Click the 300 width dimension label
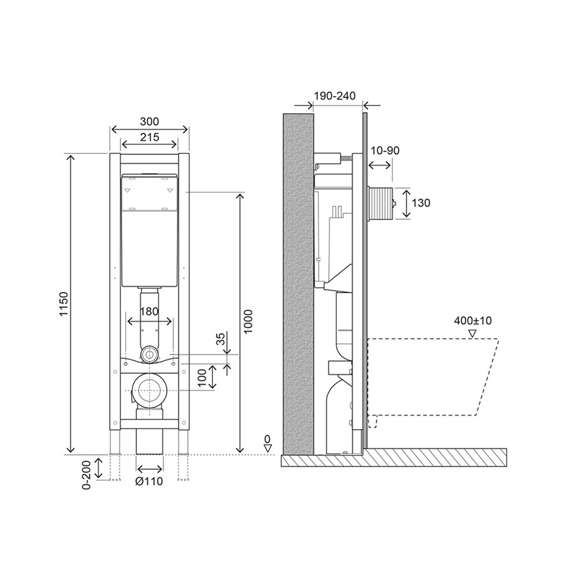click(x=150, y=121)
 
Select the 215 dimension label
click(x=150, y=137)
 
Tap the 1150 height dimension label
click(x=64, y=304)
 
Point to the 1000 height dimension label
click(x=248, y=321)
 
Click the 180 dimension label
click(x=149, y=312)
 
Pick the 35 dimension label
click(x=221, y=339)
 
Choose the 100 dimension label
click(x=202, y=378)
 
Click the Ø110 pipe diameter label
click(x=149, y=481)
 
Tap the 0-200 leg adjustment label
click(x=86, y=473)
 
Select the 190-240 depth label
click(x=334, y=96)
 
